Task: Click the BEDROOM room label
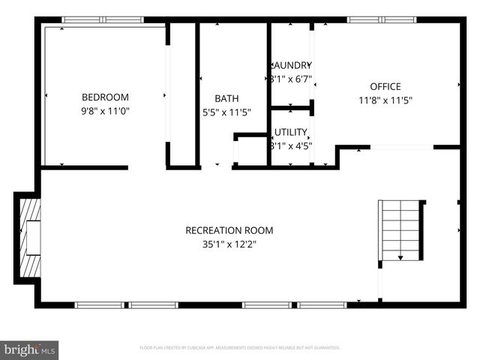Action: [105, 97]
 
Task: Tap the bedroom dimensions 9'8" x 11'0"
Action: [105, 111]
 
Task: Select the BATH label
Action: [226, 98]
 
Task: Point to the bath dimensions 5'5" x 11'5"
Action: [226, 112]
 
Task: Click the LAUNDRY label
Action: [290, 65]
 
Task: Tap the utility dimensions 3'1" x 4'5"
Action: [290, 146]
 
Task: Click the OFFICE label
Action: [385, 86]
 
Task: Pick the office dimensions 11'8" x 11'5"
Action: [385, 100]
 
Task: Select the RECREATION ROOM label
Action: [229, 230]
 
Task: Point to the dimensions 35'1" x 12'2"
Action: [229, 244]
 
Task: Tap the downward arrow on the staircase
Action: [400, 256]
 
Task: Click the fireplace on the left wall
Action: [28, 238]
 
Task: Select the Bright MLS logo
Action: [30, 350]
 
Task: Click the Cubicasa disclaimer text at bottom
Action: [240, 348]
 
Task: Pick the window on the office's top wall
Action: [371, 19]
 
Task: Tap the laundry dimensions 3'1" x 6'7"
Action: [290, 78]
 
